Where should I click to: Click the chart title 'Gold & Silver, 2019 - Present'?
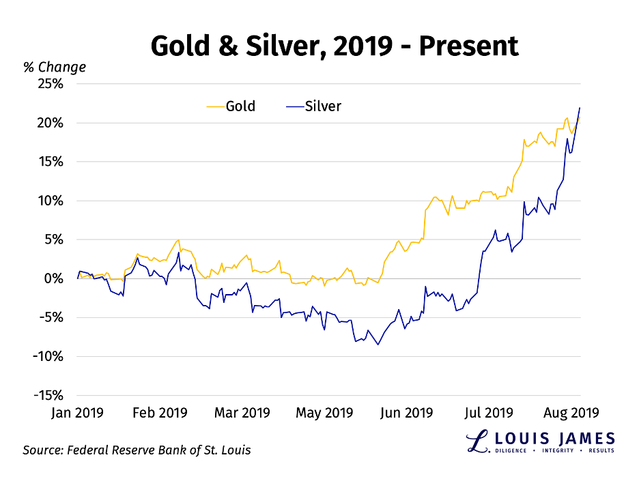334,46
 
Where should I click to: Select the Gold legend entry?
231,106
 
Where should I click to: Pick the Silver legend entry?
313,106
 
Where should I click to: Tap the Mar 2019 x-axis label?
242,413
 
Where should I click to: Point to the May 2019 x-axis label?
325,413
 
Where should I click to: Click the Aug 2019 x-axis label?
571,413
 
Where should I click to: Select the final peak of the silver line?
580,108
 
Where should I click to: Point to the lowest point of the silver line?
378,345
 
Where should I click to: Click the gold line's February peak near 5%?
179,239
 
